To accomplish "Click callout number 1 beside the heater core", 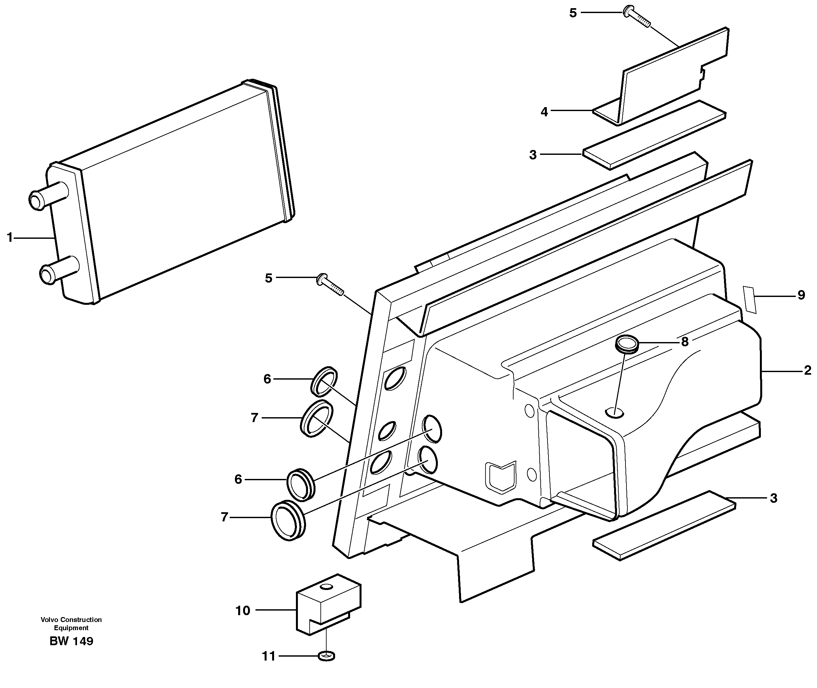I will [x=10, y=237].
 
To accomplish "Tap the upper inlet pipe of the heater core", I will [x=47, y=195].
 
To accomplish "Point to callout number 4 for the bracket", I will [x=544, y=112].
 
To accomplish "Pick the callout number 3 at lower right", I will [x=773, y=498].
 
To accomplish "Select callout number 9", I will [x=801, y=295].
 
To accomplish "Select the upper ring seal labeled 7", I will [x=317, y=418].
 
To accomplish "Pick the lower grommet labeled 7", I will [x=288, y=521].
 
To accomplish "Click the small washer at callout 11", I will [x=327, y=656].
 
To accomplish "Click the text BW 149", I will [x=71, y=641].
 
